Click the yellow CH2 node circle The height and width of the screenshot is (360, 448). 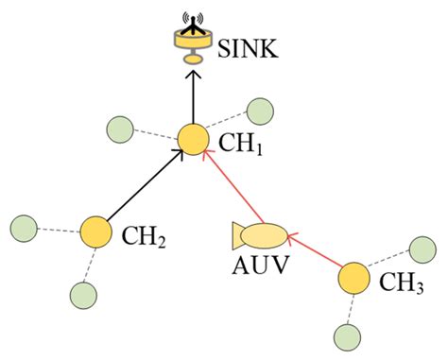point(95,232)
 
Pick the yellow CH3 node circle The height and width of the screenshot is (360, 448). point(353,279)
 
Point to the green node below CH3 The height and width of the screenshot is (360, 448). point(345,334)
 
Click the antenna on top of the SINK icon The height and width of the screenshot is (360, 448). point(193,18)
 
